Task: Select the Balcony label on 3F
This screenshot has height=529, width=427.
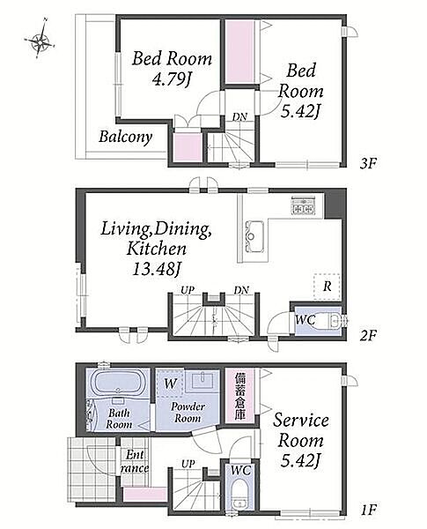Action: coord(125,138)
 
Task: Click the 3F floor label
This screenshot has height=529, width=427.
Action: coord(368,164)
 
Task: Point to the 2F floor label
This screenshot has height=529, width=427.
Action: coord(368,335)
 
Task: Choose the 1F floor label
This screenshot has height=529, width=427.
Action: coord(368,510)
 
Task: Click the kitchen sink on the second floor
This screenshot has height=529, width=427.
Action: coord(254,235)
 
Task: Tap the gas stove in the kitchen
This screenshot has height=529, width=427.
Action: coord(303,205)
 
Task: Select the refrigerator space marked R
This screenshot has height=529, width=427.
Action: coord(327,287)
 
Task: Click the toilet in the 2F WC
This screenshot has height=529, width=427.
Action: coord(335,320)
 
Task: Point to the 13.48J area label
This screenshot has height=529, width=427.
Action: coord(155,270)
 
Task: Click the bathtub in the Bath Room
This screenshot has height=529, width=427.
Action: coord(118,384)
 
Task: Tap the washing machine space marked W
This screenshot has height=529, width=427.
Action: coord(170,384)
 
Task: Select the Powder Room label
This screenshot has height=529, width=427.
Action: coord(188,413)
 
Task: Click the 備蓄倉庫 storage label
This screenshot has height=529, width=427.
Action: coord(239,396)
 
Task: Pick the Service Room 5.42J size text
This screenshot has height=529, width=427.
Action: coord(300,461)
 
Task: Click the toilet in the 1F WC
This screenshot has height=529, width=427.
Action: coord(240,495)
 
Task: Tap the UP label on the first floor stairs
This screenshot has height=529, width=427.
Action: coord(188,465)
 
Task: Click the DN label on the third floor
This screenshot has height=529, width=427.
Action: coord(239,117)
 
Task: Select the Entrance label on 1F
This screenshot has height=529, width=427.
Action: coord(135,461)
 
